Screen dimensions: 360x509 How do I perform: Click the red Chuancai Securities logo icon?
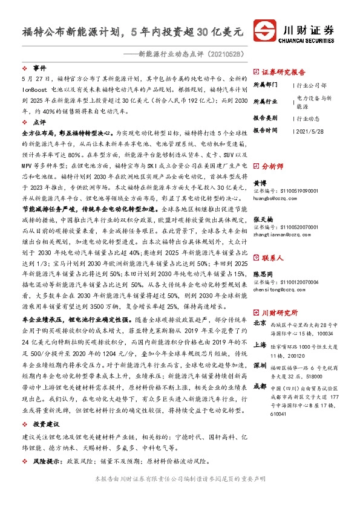pos(264,30)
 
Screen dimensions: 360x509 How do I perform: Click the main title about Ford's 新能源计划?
pos(133,30)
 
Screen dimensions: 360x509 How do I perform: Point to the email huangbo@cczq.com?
pos(277,196)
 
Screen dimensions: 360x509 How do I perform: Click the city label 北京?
pos(260,323)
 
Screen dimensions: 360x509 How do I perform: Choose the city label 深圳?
pos(260,366)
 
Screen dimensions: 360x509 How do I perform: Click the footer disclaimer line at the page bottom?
pos(180,494)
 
